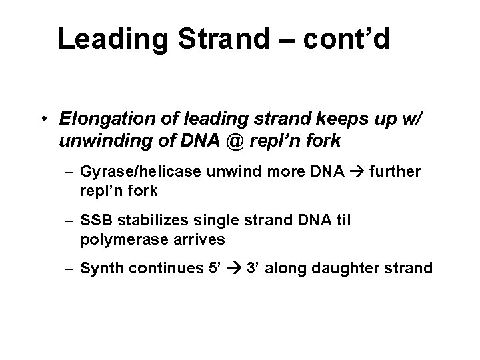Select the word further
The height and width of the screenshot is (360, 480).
397,172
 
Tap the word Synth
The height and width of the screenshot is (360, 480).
99,269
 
